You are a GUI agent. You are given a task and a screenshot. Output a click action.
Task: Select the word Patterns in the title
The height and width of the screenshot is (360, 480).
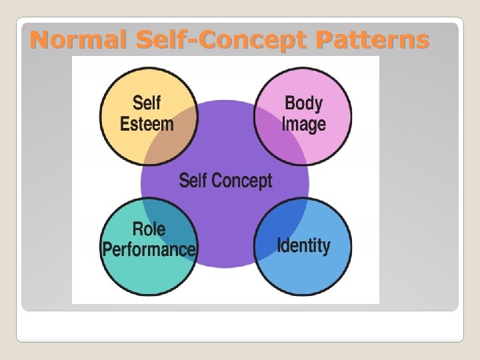(x=373, y=41)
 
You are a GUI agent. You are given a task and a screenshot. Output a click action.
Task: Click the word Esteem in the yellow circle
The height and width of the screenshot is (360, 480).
(x=147, y=124)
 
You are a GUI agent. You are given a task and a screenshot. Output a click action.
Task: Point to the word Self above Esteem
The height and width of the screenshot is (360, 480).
(x=147, y=103)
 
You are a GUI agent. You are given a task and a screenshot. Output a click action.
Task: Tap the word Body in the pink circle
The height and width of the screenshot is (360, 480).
(x=303, y=103)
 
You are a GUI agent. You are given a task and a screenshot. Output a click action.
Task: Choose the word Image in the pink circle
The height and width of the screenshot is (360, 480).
(x=303, y=125)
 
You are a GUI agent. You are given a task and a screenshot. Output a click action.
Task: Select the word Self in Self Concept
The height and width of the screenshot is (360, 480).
(x=193, y=180)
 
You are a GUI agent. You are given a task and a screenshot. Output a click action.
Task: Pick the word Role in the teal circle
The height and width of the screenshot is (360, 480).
(x=149, y=229)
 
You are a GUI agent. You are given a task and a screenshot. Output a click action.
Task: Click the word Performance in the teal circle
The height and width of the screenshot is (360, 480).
(x=149, y=249)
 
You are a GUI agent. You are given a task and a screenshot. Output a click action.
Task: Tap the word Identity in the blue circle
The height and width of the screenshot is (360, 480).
(x=303, y=245)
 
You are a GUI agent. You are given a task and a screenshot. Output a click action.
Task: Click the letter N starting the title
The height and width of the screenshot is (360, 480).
(x=39, y=41)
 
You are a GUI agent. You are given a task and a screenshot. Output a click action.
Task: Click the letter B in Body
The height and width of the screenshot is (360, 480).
(x=289, y=103)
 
